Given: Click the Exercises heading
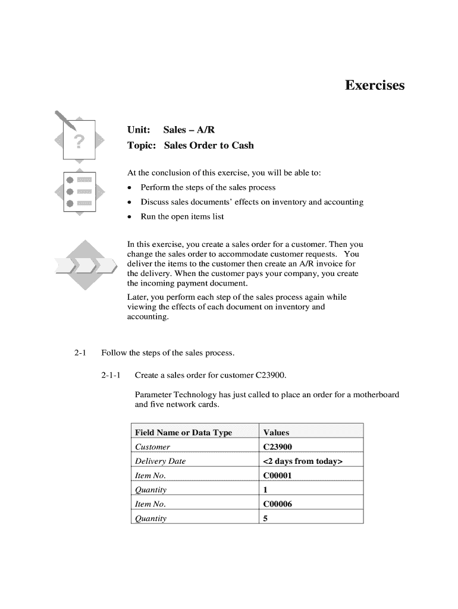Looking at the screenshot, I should [x=374, y=86].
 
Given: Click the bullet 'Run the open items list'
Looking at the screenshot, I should [x=182, y=216].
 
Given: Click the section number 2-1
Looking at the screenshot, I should [x=81, y=353].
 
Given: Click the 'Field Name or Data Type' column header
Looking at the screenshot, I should [x=183, y=432].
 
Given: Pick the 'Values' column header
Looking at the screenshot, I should [x=276, y=432].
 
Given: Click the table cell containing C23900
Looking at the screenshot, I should [x=277, y=447].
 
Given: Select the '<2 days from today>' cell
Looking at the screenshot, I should [x=303, y=461].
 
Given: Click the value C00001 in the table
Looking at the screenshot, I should [x=277, y=475].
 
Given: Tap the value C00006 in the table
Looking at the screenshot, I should [x=277, y=504].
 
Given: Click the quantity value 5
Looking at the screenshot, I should [x=265, y=518].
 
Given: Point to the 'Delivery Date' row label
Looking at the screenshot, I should [x=160, y=461].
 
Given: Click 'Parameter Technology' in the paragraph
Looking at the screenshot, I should [x=173, y=395].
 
